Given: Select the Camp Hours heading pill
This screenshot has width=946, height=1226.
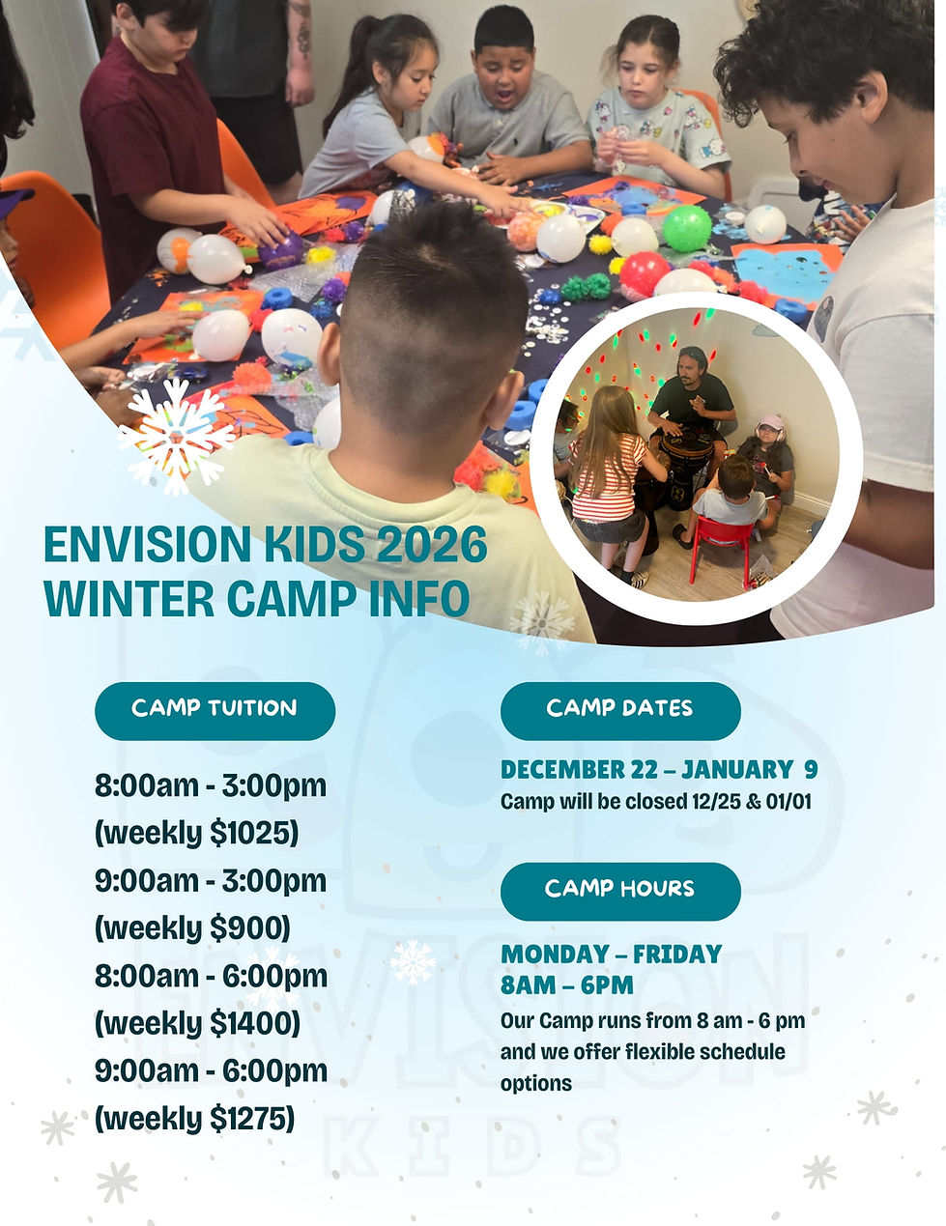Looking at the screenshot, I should (x=619, y=890).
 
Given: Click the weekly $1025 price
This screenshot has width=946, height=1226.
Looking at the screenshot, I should (x=197, y=833).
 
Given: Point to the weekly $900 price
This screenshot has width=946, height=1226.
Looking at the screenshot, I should (x=192, y=927).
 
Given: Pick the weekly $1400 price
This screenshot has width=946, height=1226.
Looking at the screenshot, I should (x=197, y=1022).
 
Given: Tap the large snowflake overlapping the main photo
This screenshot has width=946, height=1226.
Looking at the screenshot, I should (x=176, y=436).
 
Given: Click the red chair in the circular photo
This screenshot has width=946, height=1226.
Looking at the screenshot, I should (x=720, y=546).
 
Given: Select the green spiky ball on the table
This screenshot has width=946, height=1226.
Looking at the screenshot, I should (x=686, y=228).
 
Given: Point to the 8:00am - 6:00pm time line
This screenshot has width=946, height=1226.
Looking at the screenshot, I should (x=211, y=976).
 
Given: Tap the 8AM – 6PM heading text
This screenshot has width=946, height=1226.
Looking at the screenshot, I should (x=567, y=985).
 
